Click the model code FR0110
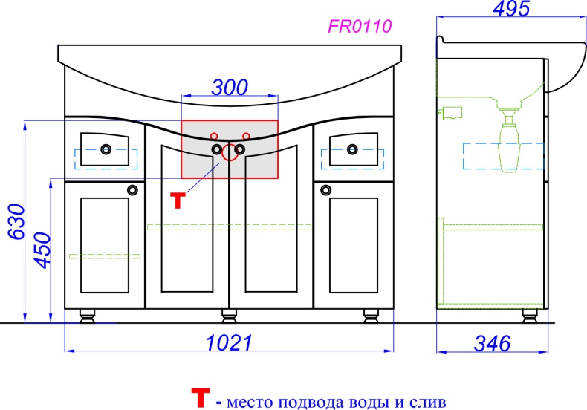pos(360,27)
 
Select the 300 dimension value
pos(229,87)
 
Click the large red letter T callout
pos(177,201)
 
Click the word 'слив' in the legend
pos(429,403)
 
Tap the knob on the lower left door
pos(133,189)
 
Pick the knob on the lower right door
pos(325,189)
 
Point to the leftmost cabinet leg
pos(88,317)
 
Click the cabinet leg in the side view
pos(529,316)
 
